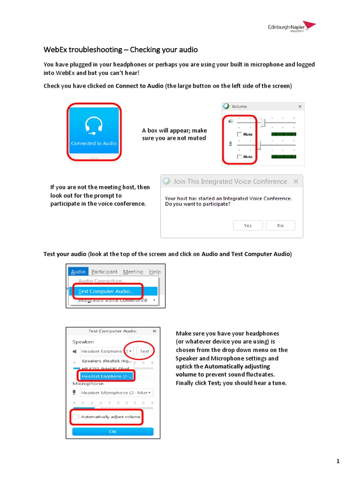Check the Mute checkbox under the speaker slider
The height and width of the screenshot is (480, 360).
click(240, 135)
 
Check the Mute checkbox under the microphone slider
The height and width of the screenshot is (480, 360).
click(240, 157)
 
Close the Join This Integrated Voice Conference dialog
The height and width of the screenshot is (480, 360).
click(296, 181)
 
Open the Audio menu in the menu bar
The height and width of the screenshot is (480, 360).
click(78, 272)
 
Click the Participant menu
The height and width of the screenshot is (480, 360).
click(105, 272)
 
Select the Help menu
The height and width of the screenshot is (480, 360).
click(155, 272)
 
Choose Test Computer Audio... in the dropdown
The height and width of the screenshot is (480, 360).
click(106, 291)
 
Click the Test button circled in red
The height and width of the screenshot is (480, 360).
click(144, 351)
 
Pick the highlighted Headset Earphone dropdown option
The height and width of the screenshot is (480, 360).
click(107, 376)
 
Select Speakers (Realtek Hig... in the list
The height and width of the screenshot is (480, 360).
click(107, 361)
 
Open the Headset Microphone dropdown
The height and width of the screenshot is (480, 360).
click(116, 393)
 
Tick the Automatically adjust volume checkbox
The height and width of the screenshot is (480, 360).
click(76, 417)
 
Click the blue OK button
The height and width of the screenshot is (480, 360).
click(112, 431)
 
